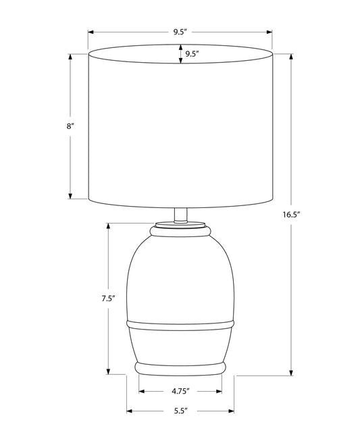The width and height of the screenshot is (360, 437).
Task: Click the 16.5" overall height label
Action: point(291,215)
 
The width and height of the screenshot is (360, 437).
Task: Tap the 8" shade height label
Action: point(70,126)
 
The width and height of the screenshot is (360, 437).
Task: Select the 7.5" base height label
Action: point(108,299)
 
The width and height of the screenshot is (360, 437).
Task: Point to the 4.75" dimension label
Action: point(180,391)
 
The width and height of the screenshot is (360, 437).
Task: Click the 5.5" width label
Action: point(180,411)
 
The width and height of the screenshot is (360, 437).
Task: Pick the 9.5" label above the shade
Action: point(180,32)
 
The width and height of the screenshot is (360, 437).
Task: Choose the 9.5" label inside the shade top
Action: point(192,54)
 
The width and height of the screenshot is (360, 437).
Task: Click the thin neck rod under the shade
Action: point(180,215)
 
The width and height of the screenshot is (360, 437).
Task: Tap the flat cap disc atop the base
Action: point(180,225)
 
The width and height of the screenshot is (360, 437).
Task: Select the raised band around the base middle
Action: point(180,325)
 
